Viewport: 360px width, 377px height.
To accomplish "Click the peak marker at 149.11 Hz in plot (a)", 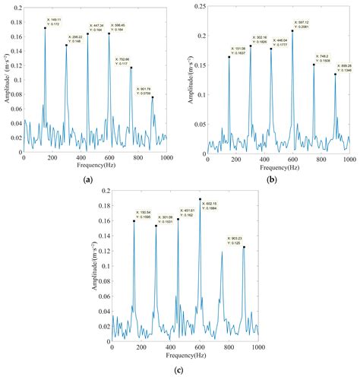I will (45, 28).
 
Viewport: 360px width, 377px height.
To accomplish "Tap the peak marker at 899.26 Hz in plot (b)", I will (336, 74).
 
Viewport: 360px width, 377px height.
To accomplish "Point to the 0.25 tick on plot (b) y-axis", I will (197, 5).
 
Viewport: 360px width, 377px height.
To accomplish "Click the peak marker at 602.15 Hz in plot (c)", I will (201, 199).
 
